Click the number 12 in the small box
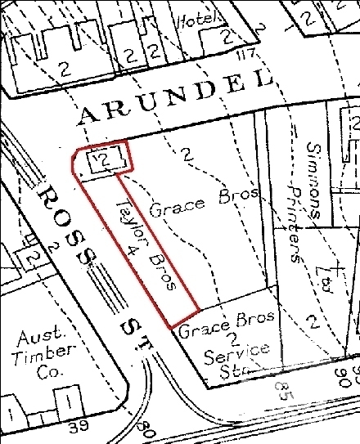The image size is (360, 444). [x=102, y=159]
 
